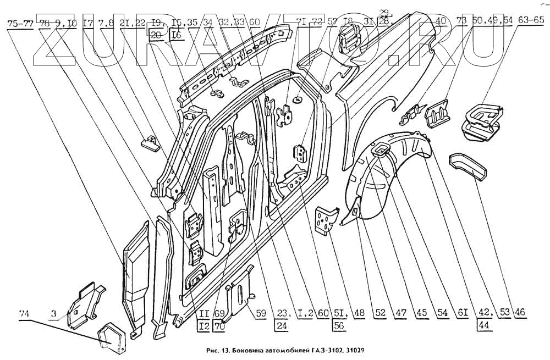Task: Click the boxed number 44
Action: pos(483,325)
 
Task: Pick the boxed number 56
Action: pos(339,325)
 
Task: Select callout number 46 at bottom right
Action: pos(520,313)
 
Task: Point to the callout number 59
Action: pos(262,313)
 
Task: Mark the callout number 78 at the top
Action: pos(45,23)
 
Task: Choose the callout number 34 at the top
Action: pos(207,23)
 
